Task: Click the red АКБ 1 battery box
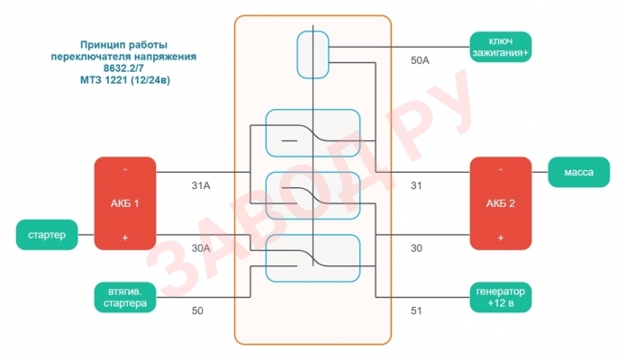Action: (125, 203)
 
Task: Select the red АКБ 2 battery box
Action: (500, 203)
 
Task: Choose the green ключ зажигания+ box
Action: (500, 47)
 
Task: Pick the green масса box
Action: (577, 172)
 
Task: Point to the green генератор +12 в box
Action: (500, 297)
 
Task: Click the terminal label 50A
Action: (421, 62)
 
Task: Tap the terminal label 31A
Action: (200, 186)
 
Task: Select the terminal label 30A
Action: (200, 247)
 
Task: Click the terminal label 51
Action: (416, 310)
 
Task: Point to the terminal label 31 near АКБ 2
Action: (416, 186)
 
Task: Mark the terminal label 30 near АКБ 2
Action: (416, 247)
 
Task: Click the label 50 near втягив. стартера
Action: (197, 310)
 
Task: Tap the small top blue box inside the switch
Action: (313, 54)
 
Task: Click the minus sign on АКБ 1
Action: (124, 170)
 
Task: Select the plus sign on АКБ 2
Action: (500, 238)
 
